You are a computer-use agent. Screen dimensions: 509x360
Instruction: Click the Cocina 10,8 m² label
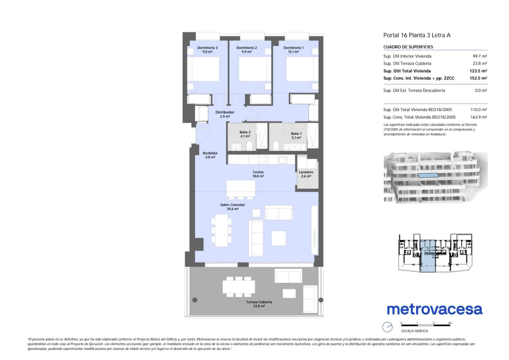tap(258, 174)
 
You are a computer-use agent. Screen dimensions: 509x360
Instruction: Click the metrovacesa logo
tap(434, 310)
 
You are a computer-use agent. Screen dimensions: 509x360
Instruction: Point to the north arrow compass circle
tap(387, 327)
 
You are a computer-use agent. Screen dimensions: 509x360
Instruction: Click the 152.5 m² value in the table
tap(478, 78)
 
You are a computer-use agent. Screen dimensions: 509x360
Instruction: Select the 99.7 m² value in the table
tap(480, 56)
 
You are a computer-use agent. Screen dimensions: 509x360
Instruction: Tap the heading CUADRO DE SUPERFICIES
tap(408, 47)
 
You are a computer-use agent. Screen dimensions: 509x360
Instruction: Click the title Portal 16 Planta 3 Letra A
tap(417, 35)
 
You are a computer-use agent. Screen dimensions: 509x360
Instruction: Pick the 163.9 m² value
tap(478, 117)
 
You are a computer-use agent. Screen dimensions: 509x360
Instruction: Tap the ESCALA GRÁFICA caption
tap(415, 331)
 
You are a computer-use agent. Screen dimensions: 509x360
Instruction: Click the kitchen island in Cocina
tap(241, 188)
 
